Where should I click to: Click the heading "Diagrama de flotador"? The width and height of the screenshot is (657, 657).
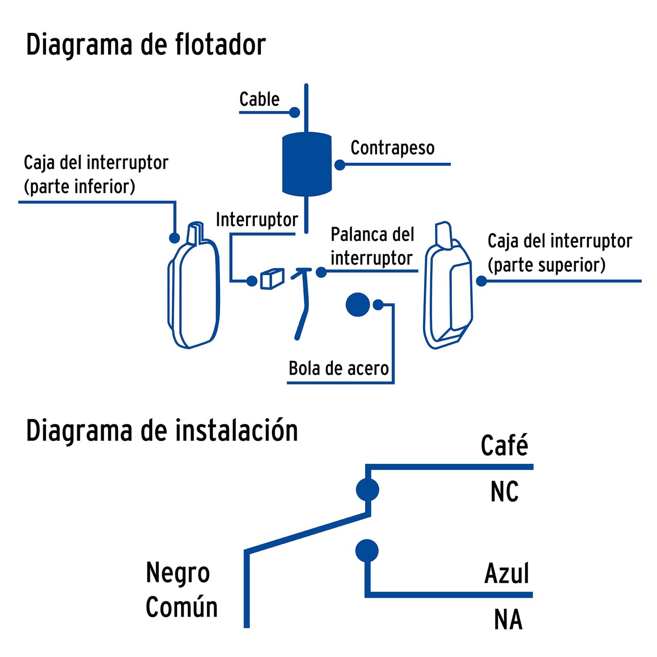click(145, 45)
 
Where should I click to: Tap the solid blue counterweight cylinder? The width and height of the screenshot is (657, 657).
click(307, 164)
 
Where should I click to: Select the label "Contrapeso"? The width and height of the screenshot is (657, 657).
click(392, 148)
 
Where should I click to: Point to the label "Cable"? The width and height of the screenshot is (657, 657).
click(259, 99)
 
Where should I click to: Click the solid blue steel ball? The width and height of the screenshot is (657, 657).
click(358, 304)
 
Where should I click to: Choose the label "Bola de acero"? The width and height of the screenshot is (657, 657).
click(339, 368)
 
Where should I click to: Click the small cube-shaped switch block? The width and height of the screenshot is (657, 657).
click(272, 278)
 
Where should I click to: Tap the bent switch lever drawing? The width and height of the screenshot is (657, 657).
click(302, 302)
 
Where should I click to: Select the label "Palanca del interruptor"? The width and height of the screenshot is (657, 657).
click(372, 246)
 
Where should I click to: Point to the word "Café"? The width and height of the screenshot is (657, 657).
click(504, 445)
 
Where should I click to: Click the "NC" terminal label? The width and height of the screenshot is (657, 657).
click(504, 491)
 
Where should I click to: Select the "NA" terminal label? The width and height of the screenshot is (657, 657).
click(508, 619)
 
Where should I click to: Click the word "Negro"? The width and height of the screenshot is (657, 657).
click(178, 573)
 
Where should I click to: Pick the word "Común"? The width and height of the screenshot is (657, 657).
click(181, 607)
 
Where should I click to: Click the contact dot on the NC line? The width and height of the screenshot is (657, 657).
click(367, 490)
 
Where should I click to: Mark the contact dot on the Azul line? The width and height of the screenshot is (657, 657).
click(367, 551)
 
